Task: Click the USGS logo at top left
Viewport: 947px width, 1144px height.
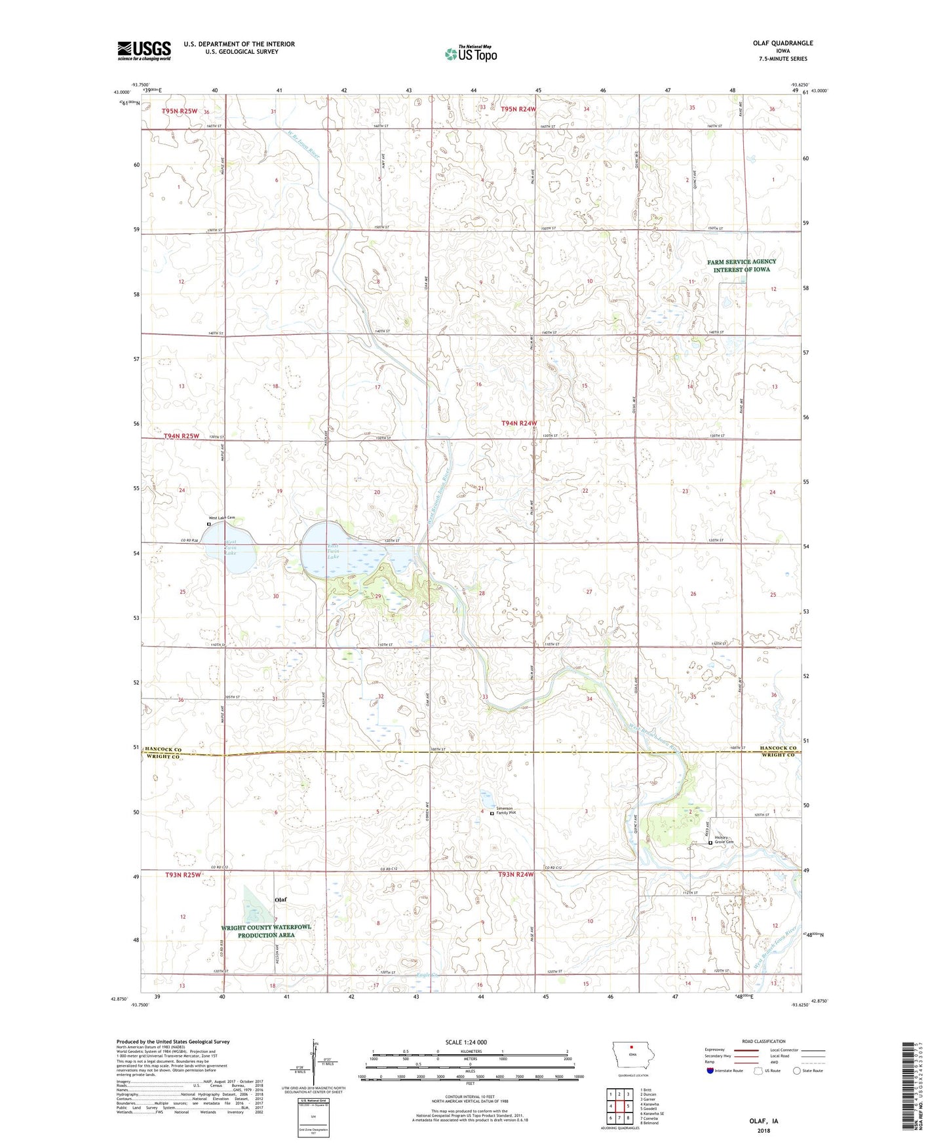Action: [144, 50]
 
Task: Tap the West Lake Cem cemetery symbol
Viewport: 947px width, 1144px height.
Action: [209, 524]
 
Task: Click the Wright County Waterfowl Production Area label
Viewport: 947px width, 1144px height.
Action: [266, 931]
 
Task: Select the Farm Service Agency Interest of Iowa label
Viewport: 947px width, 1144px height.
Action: [741, 265]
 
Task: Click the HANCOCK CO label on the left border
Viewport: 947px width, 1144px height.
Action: [163, 749]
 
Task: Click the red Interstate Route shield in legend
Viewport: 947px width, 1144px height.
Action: [710, 1071]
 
